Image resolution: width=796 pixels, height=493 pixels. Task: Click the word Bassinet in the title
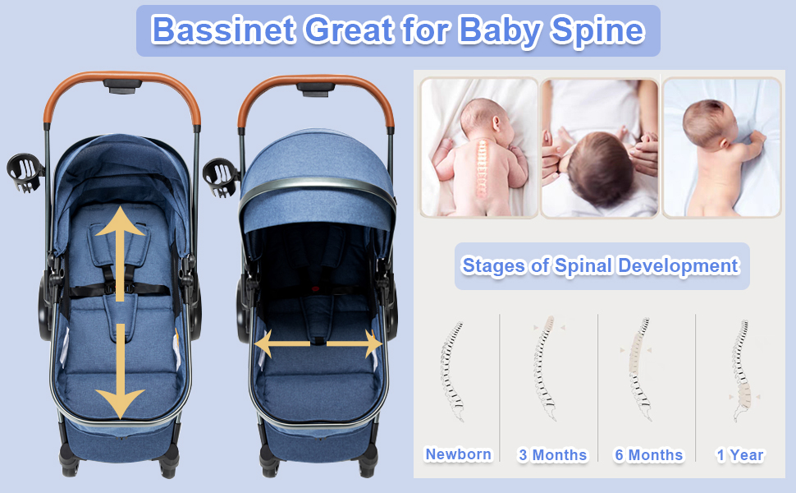point(224,30)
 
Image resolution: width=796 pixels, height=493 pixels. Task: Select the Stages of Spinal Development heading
point(601,266)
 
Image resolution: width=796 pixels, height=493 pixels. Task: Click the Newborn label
point(459,454)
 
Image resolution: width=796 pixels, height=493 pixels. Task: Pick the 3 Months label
point(552,455)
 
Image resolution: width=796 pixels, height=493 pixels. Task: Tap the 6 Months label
point(649,455)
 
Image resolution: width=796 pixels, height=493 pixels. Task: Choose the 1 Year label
point(740,455)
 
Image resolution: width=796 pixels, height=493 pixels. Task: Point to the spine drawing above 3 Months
point(545,368)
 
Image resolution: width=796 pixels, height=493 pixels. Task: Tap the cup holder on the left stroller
point(25,173)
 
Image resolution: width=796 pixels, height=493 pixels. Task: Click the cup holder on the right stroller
point(220,177)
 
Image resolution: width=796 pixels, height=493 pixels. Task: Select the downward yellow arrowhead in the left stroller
point(120,404)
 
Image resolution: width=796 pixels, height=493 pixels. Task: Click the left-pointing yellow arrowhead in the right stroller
point(264,344)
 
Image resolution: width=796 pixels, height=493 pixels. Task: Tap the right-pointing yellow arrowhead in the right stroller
point(373,344)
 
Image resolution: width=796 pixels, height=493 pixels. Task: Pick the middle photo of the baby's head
point(600,148)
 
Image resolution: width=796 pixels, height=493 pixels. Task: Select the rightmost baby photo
point(721,148)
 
